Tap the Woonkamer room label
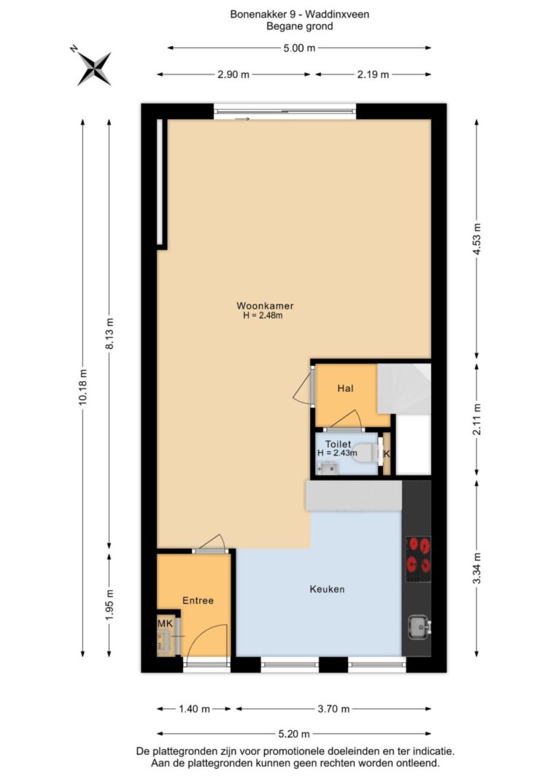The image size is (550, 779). [265, 305]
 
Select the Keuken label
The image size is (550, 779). [327, 589]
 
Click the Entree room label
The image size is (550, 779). [198, 600]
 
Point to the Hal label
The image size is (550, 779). [345, 388]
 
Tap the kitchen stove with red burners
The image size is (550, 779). [418, 559]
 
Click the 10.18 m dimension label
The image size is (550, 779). [82, 387]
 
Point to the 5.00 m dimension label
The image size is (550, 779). [299, 47]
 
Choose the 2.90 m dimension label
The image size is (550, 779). [233, 74]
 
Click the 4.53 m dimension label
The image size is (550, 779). [477, 239]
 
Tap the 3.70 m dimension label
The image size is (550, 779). [333, 709]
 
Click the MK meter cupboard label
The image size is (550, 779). [165, 623]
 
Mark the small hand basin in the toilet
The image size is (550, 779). [327, 467]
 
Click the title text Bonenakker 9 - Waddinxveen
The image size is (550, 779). [299, 15]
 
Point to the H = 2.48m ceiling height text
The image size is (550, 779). [263, 315]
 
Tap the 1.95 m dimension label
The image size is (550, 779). [109, 604]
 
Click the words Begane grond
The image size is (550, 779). [299, 27]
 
